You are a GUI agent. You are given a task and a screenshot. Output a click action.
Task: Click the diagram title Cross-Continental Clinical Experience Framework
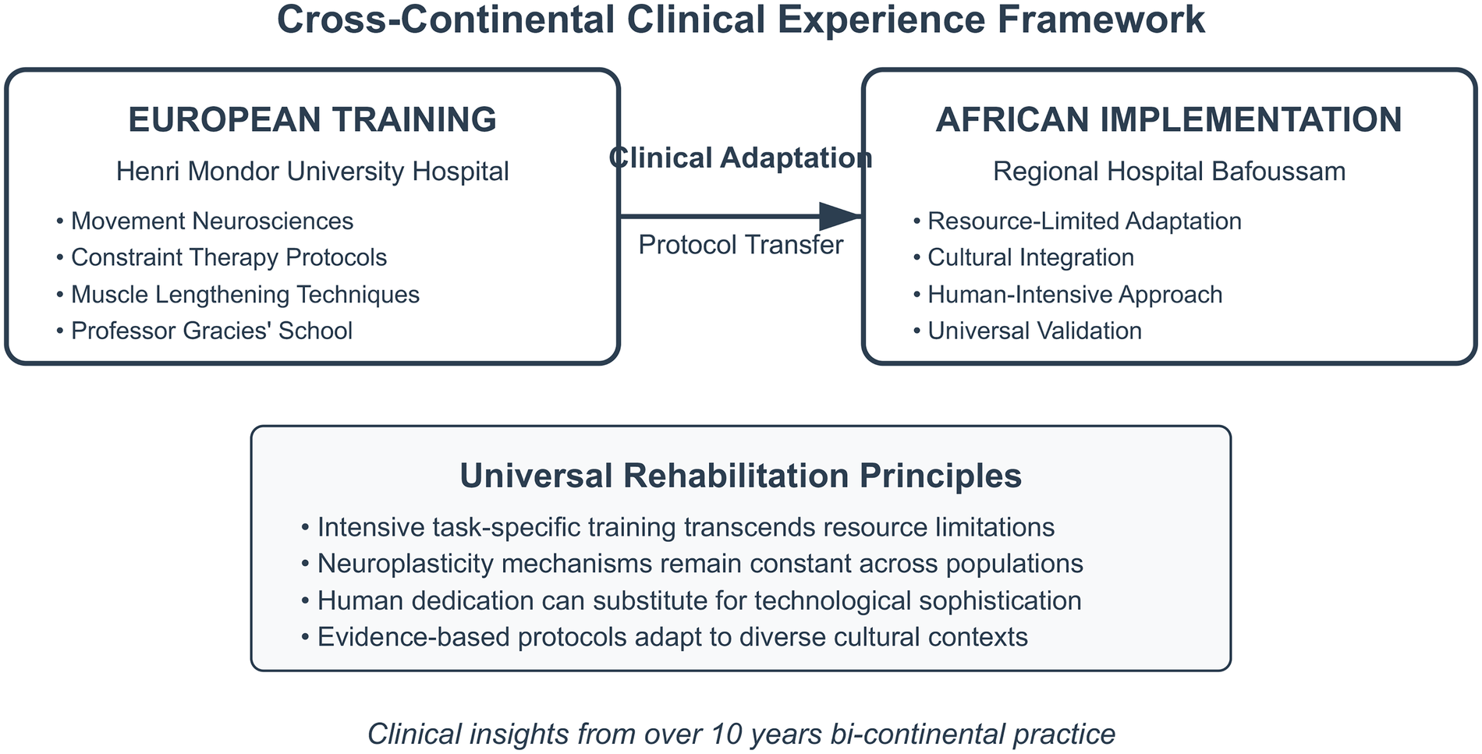(740, 20)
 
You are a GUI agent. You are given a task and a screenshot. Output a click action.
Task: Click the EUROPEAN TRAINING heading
(312, 120)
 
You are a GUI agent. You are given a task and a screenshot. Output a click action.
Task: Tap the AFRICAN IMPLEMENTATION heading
(1168, 120)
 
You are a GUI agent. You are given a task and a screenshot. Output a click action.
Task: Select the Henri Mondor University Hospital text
(312, 172)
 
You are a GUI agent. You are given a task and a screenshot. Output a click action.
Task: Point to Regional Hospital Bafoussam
(1168, 172)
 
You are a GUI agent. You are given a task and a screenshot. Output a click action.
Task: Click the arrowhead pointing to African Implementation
(841, 216)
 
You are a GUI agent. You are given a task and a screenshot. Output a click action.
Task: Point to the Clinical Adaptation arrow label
(740, 158)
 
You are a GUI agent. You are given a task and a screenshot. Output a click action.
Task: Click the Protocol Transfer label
(740, 246)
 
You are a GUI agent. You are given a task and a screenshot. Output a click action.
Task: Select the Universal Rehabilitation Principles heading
(740, 476)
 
